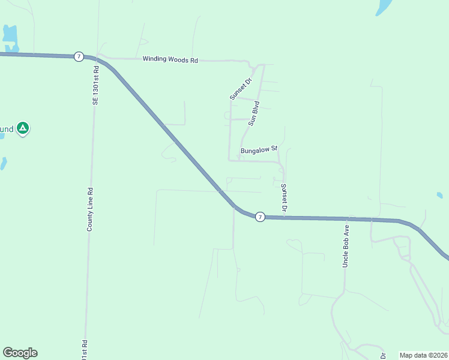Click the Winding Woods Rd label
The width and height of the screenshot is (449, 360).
(x=170, y=59)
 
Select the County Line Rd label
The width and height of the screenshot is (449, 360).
(x=90, y=209)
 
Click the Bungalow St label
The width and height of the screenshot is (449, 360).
(x=259, y=149)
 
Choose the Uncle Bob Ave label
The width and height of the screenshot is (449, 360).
(x=346, y=247)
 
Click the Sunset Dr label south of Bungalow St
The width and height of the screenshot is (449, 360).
(x=284, y=198)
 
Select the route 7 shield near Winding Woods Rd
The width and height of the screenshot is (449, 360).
(x=79, y=56)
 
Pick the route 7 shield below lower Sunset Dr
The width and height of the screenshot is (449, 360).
(x=259, y=217)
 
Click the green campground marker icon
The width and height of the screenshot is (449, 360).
(x=23, y=128)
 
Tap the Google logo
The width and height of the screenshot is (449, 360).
(x=20, y=353)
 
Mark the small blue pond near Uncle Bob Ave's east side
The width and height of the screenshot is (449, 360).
(x=439, y=195)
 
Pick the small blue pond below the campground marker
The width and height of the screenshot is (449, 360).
(x=4, y=163)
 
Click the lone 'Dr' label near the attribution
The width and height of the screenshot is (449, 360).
(x=383, y=355)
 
